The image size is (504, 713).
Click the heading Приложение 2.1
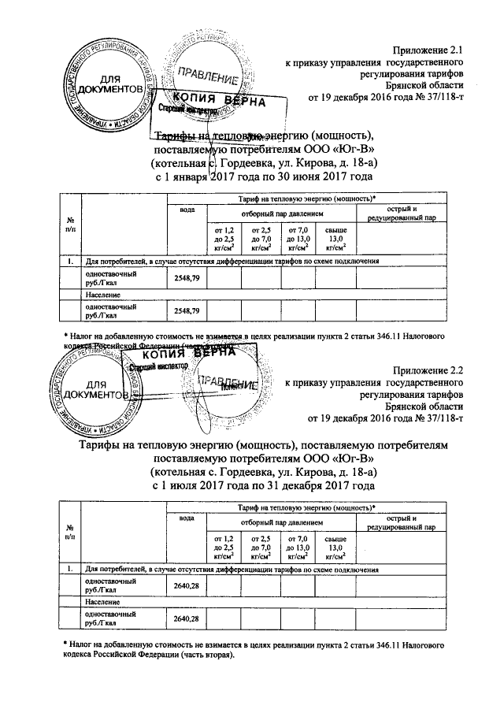(430, 50)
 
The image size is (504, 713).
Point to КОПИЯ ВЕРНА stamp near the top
(213, 102)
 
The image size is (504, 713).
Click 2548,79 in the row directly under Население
(186, 310)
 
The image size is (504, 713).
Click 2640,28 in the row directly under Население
(186, 619)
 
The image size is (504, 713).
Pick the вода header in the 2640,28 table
(187, 518)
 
